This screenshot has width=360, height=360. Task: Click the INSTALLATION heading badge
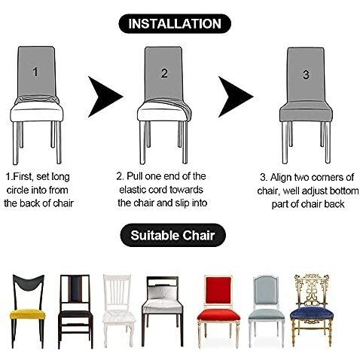click(x=175, y=23)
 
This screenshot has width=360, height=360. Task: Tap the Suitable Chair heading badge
click(x=172, y=235)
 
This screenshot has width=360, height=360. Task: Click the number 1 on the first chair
click(x=35, y=72)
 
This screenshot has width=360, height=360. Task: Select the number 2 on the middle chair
click(x=164, y=73)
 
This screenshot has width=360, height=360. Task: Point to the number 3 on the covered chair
click(x=306, y=75)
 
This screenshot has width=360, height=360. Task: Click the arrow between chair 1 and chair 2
click(x=103, y=96)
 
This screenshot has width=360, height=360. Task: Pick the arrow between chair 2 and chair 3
click(x=233, y=96)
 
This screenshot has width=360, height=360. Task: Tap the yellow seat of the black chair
click(x=27, y=314)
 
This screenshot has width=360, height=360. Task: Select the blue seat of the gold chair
click(x=312, y=313)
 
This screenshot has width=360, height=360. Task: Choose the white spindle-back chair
click(x=118, y=311)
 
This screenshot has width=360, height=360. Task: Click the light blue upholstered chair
click(x=266, y=311)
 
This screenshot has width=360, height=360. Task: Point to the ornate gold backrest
click(x=312, y=290)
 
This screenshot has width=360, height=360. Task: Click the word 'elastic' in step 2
click(x=133, y=190)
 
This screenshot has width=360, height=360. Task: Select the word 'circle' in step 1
click(x=17, y=190)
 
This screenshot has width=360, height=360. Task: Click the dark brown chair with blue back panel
click(x=75, y=311)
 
